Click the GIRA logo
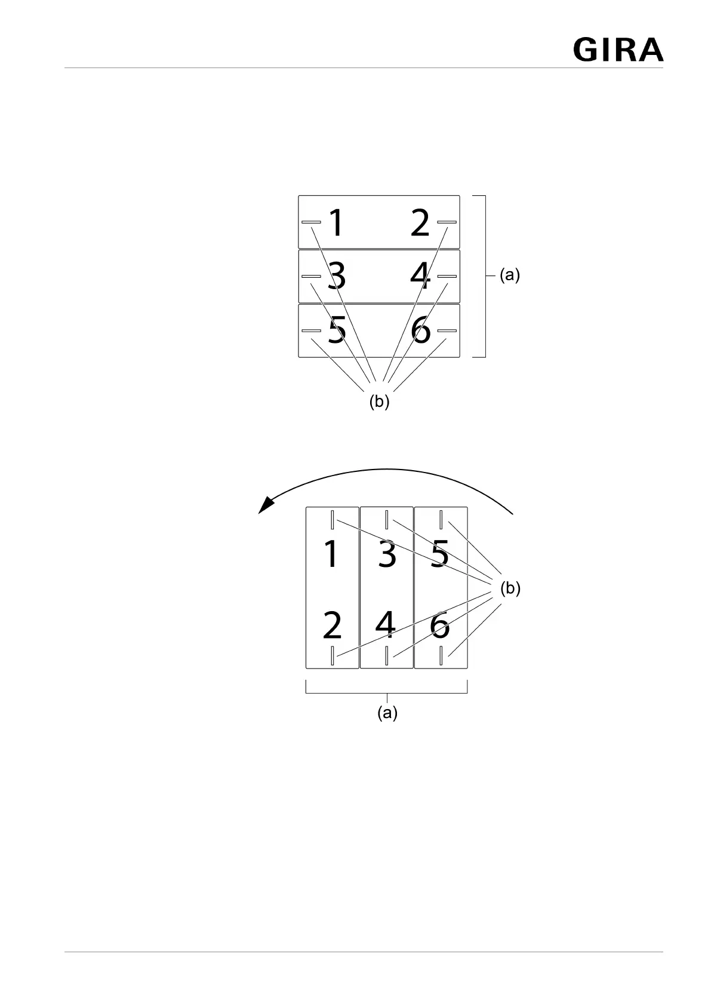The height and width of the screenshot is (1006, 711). [618, 50]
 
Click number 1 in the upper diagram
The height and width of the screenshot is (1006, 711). [337, 223]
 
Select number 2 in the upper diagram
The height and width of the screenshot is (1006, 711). [420, 223]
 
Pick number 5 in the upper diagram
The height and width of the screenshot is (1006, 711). [337, 330]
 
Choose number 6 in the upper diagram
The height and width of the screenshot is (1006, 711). [420, 330]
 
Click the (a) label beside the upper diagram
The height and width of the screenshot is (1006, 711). [510, 275]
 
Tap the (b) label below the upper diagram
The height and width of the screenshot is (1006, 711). [379, 402]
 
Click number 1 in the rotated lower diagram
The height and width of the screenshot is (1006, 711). [330, 554]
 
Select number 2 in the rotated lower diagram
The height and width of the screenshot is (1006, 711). [332, 625]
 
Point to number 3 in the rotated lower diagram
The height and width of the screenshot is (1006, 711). [387, 554]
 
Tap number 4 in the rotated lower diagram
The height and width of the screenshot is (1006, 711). [385, 625]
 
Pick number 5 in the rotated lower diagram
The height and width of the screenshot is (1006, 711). [440, 554]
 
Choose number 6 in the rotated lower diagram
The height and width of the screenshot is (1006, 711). [440, 625]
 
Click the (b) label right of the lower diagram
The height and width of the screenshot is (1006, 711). [510, 588]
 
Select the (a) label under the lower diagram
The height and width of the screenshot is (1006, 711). [387, 713]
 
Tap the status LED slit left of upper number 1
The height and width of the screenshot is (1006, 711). [311, 222]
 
